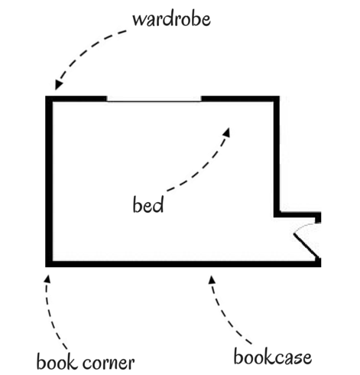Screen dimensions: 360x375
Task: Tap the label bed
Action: (148, 204)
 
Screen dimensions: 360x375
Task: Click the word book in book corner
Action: (57, 361)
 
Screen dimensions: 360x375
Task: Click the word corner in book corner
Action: (109, 364)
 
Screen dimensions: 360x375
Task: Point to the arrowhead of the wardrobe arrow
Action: (59, 85)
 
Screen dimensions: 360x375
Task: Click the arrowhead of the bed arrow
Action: (226, 132)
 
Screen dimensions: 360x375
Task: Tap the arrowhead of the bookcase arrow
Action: (212, 280)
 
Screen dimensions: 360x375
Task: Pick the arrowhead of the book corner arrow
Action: (47, 279)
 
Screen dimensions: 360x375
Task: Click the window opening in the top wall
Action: (154, 99)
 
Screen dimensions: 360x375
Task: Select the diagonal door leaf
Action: (306, 246)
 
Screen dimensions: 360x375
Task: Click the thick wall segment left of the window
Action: (76, 99)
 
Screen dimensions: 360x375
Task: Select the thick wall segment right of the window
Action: (240, 99)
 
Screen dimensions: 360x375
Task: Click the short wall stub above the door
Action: (318, 217)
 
